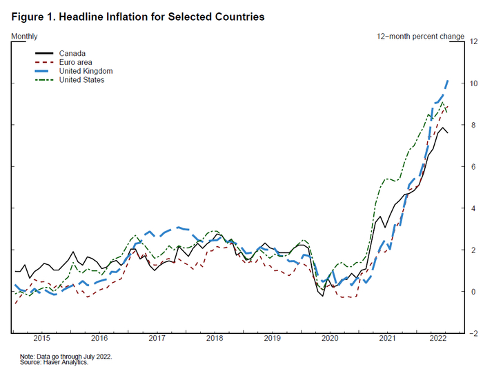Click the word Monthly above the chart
point(25,36)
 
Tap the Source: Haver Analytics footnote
point(54,362)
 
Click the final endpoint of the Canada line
point(448,132)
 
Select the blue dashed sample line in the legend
point(49,71)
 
